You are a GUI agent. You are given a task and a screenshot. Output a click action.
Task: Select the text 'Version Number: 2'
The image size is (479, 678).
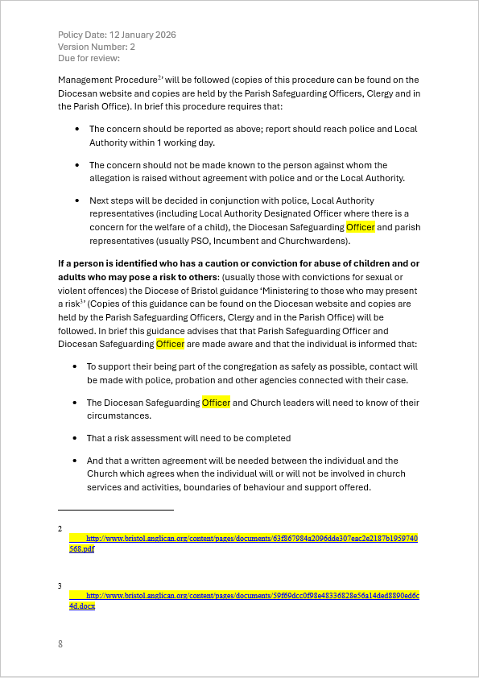tap(97, 47)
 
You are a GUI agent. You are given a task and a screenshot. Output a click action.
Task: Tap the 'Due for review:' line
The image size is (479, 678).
tap(89, 58)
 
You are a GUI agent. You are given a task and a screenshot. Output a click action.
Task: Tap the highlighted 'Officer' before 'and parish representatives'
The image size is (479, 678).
tap(361, 227)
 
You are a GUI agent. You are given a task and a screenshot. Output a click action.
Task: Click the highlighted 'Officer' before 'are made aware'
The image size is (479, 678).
tap(170, 344)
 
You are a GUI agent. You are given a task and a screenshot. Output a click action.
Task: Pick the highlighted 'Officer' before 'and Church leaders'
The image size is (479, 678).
tap(216, 403)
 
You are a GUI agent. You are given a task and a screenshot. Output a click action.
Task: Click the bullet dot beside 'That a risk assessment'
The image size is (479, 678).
tap(76, 439)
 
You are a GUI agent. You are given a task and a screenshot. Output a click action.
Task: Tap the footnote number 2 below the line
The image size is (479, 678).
tap(60, 529)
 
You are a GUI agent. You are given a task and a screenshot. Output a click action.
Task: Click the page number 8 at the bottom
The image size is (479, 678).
tap(60, 644)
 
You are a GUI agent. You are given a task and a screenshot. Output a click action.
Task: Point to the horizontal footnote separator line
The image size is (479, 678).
tap(115, 510)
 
